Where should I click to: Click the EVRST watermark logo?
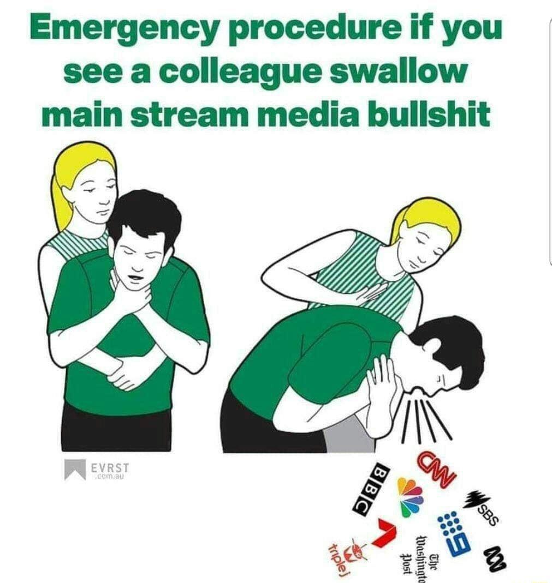click(96, 470)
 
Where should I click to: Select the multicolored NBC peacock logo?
click(410, 496)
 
